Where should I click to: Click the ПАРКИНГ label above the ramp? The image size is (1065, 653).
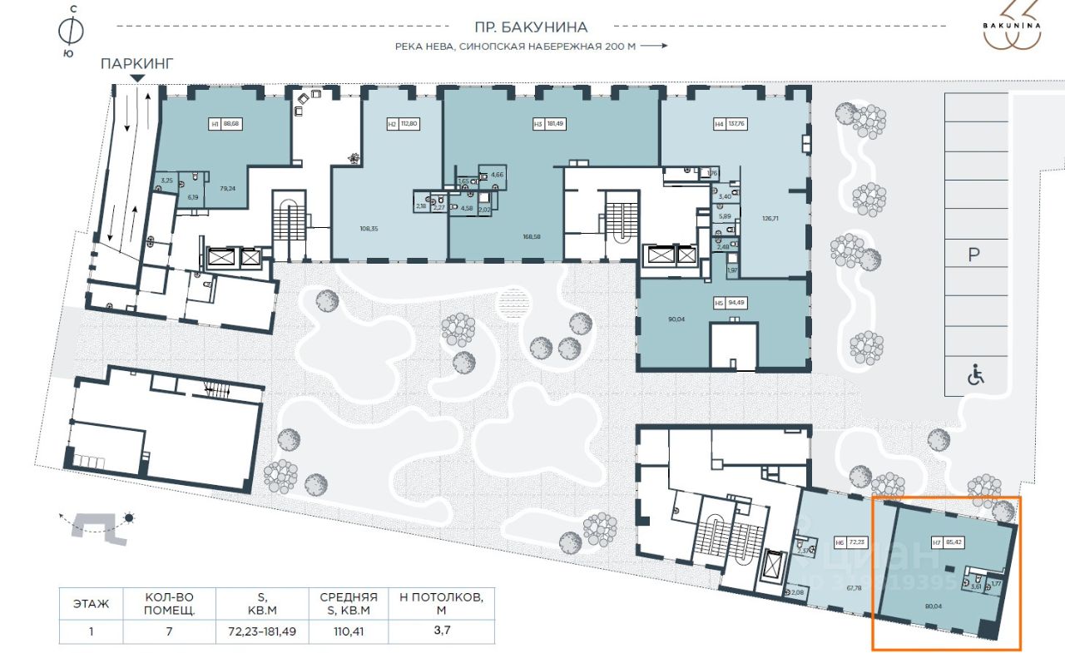point(137,64)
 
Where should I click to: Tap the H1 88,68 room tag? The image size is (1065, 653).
point(225,125)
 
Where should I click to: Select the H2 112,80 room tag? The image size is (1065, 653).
point(402,125)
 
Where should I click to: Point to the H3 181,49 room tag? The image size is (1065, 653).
point(549,125)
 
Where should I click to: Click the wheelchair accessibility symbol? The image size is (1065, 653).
point(975,375)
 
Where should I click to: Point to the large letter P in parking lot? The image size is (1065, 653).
point(974,255)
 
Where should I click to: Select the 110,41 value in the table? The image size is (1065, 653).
point(348,631)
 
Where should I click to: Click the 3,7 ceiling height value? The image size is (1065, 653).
point(441,631)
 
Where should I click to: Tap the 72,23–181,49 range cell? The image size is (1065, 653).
point(261,631)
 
